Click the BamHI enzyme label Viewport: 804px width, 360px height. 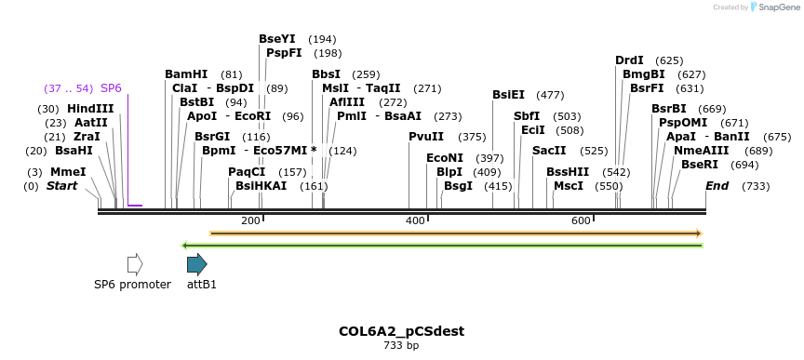coord(185,74)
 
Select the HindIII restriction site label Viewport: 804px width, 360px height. coord(90,109)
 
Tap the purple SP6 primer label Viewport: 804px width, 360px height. coord(111,88)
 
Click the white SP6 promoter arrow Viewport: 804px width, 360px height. coord(135,264)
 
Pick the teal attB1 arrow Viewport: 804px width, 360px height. coord(196,264)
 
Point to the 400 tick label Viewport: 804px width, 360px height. coord(415,220)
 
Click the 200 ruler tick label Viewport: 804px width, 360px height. coord(250,220)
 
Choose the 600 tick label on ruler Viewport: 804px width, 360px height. coord(581,220)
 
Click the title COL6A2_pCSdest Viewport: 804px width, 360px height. coord(401,331)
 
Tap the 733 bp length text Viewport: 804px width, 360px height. coord(401,346)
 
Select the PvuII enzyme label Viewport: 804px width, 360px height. coord(426,137)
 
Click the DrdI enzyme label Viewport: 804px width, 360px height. coord(629,60)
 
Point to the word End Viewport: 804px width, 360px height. coord(717,186)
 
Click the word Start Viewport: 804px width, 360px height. coord(62,186)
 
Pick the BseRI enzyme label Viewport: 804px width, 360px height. coord(700,164)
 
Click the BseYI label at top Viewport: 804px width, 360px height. coord(276,39)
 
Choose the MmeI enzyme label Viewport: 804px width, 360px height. coord(68,172)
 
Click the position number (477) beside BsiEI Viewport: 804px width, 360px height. coord(550,95)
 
